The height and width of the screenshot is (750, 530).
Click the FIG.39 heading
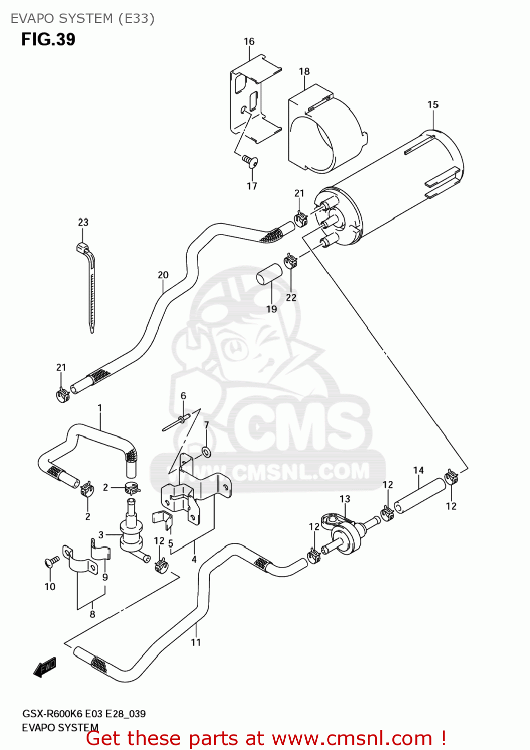tap(48, 39)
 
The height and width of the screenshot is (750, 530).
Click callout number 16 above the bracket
tap(249, 41)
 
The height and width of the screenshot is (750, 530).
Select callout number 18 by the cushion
tap(304, 71)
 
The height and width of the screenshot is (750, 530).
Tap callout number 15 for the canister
tap(433, 104)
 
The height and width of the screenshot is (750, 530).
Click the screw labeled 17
tap(249, 160)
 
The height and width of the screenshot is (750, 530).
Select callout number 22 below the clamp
tap(291, 297)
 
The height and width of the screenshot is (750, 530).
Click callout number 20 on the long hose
tap(163, 275)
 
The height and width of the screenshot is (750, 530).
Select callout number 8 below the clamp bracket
tap(92, 614)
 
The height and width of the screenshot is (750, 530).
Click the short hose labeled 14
tap(419, 496)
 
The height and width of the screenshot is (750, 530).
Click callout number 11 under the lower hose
tap(196, 642)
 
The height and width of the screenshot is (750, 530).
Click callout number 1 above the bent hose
tap(100, 408)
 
